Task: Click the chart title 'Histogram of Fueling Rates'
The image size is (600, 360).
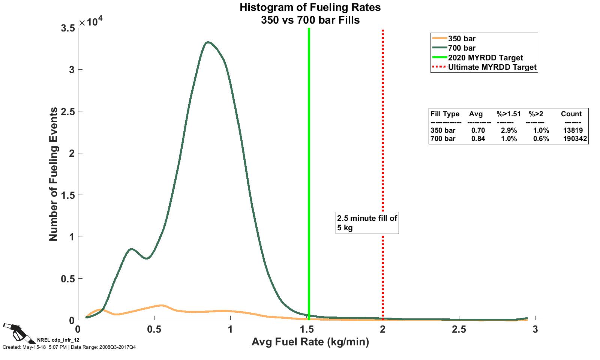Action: pyautogui.click(x=310, y=7)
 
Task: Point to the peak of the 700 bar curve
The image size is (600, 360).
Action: pyautogui.click(x=208, y=42)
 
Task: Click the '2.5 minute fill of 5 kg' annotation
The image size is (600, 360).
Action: pyautogui.click(x=367, y=223)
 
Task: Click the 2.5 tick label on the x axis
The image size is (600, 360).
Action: pyautogui.click(x=459, y=330)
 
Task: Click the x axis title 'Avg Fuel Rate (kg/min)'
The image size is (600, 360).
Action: pyautogui.click(x=310, y=342)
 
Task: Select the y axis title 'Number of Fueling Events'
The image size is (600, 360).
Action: pyautogui.click(x=54, y=174)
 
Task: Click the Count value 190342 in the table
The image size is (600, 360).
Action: pyautogui.click(x=575, y=139)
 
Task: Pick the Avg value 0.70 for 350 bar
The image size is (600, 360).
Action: pyautogui.click(x=478, y=130)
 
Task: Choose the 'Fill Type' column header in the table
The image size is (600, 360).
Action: pyautogui.click(x=445, y=114)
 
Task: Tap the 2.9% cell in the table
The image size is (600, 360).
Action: pyautogui.click(x=509, y=130)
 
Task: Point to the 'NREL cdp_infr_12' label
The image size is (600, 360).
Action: pyautogui.click(x=58, y=340)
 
